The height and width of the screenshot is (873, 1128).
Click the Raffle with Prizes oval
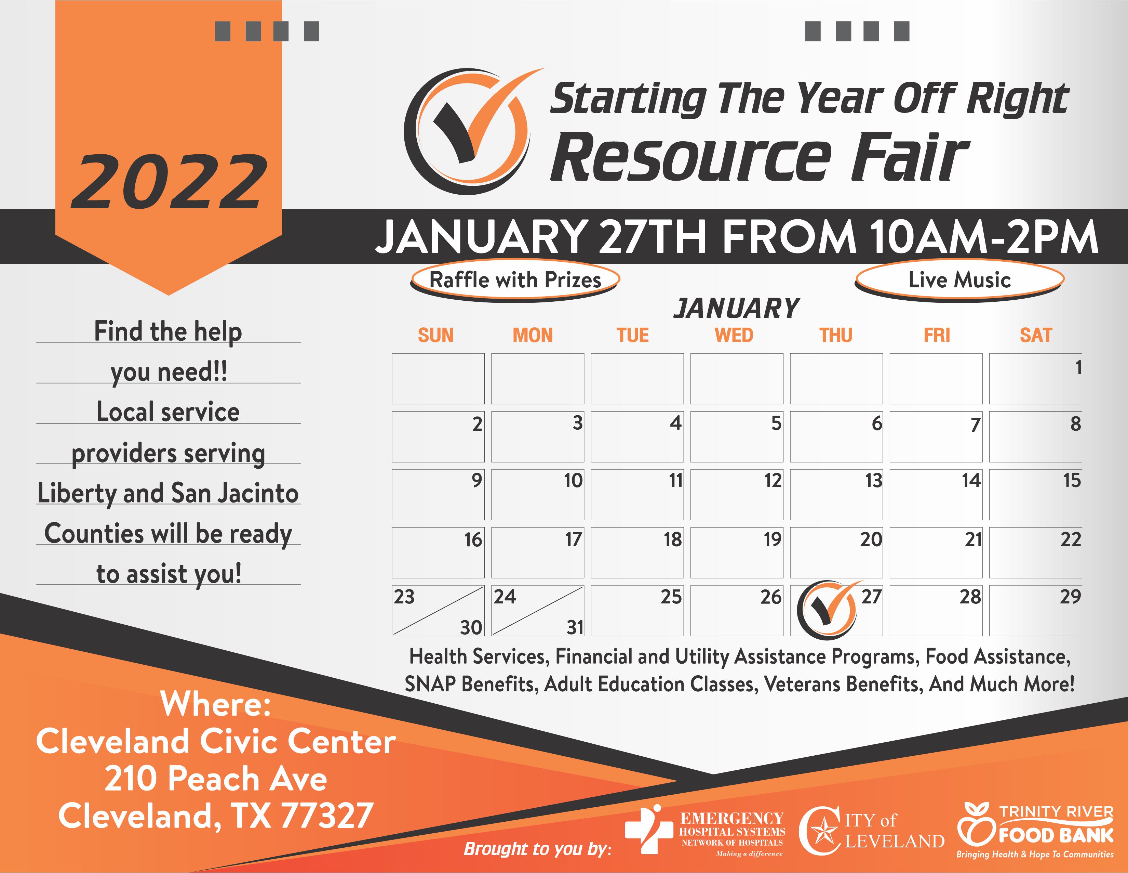tap(515, 280)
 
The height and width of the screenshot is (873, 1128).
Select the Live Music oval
tap(959, 280)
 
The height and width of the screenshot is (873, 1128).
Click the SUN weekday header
tap(435, 336)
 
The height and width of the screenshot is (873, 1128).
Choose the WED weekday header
tap(734, 336)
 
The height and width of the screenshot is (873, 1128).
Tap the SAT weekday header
tap(1036, 336)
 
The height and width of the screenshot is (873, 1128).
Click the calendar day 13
tap(873, 481)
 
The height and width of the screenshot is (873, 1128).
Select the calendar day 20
tap(871, 539)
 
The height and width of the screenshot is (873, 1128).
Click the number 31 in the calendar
tap(575, 627)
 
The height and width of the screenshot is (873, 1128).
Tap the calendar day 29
tap(1070, 597)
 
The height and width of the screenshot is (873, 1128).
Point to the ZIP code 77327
tap(327, 816)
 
